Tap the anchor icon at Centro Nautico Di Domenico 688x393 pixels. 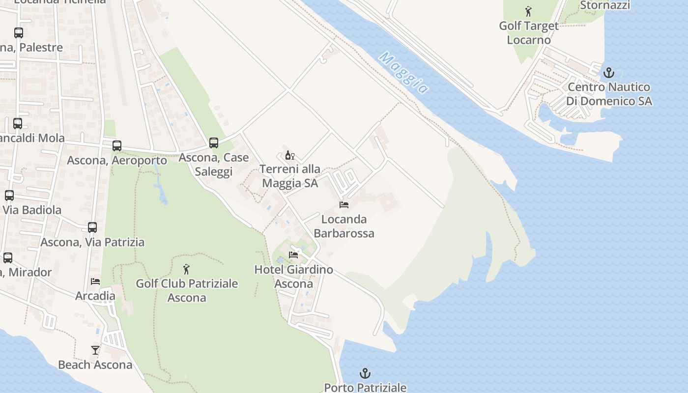(x=609, y=73)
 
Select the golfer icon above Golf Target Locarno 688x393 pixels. (x=528, y=11)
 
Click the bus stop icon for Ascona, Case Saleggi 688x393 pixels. (x=214, y=143)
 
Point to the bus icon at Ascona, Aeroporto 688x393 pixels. (x=116, y=146)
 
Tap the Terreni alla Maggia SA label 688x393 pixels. (x=290, y=176)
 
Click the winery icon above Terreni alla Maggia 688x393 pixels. (x=290, y=155)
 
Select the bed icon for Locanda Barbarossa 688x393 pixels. (x=344, y=204)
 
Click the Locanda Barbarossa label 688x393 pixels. (x=344, y=226)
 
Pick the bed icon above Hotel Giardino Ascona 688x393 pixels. (x=293, y=254)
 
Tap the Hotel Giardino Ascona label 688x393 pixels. (x=293, y=277)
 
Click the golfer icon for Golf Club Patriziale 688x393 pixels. (x=186, y=269)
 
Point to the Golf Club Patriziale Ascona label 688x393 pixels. (x=187, y=290)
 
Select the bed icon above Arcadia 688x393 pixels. (x=95, y=281)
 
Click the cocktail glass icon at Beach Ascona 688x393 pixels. (x=95, y=350)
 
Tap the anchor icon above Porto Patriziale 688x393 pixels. (x=365, y=373)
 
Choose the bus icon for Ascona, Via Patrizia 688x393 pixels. (x=92, y=227)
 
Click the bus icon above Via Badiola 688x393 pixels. (x=9, y=196)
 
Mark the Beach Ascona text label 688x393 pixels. (x=95, y=365)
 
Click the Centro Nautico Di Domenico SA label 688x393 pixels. (x=609, y=94)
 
